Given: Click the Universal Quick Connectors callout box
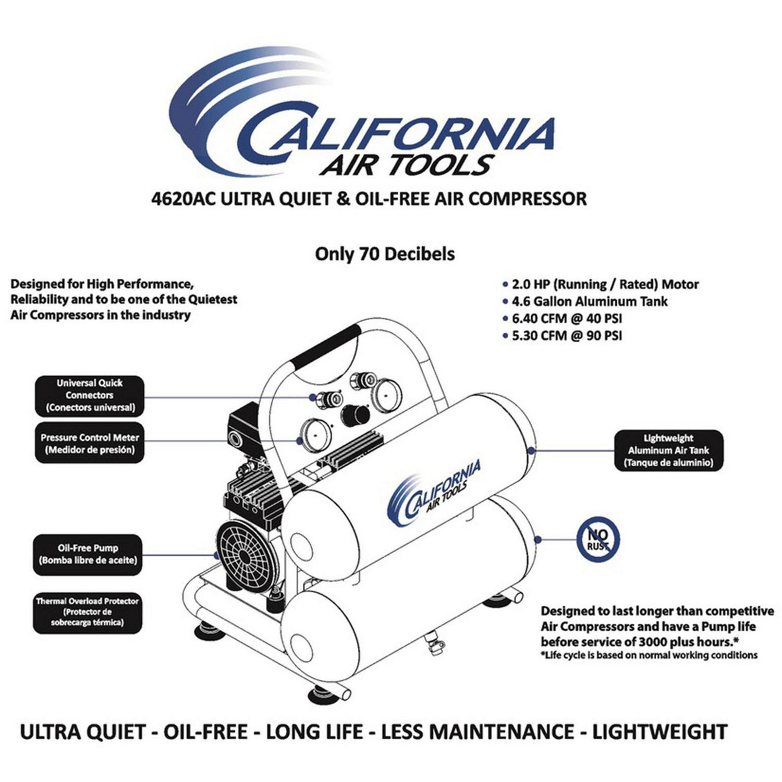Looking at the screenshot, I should (89, 396).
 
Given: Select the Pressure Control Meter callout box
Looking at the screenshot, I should (89, 444).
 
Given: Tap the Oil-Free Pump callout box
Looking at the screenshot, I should (88, 555).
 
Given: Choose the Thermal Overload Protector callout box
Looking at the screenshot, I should (88, 612).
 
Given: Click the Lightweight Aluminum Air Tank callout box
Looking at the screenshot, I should (668, 450).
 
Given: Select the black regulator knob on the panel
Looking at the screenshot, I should (355, 416).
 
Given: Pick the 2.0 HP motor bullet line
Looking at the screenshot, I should (605, 285).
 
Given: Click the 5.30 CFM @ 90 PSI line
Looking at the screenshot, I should (567, 335).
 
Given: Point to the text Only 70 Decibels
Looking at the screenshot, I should (385, 254).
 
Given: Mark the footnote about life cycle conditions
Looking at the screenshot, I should (649, 655).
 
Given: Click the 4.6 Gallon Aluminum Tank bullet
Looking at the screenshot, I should (589, 301).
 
